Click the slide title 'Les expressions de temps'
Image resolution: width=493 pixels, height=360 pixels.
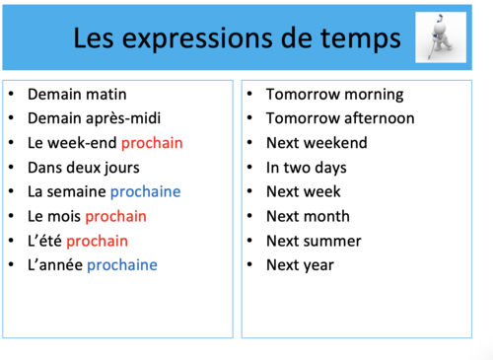point(237,38)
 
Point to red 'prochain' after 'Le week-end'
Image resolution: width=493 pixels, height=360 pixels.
point(152,143)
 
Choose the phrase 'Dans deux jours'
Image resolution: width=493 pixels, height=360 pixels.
point(84,168)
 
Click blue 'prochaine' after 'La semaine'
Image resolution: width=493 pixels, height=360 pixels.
point(145,191)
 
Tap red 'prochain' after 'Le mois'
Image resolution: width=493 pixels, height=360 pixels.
point(115,216)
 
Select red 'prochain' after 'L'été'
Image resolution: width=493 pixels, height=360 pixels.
point(97,241)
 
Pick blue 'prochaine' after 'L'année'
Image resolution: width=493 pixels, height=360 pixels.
point(122,264)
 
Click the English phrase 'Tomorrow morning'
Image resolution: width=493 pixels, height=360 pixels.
point(334,95)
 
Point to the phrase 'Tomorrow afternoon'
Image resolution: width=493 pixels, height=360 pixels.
point(340,118)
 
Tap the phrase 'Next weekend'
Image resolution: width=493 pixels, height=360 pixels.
point(317,143)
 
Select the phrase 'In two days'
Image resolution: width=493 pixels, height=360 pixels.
point(308,168)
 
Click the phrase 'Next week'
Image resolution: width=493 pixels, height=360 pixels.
point(304,191)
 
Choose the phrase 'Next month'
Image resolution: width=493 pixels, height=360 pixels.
point(310,216)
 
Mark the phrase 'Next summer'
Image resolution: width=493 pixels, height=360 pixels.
point(314,241)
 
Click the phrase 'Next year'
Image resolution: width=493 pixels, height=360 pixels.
point(300,264)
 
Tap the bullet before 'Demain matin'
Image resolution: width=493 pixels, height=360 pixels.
point(11,95)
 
